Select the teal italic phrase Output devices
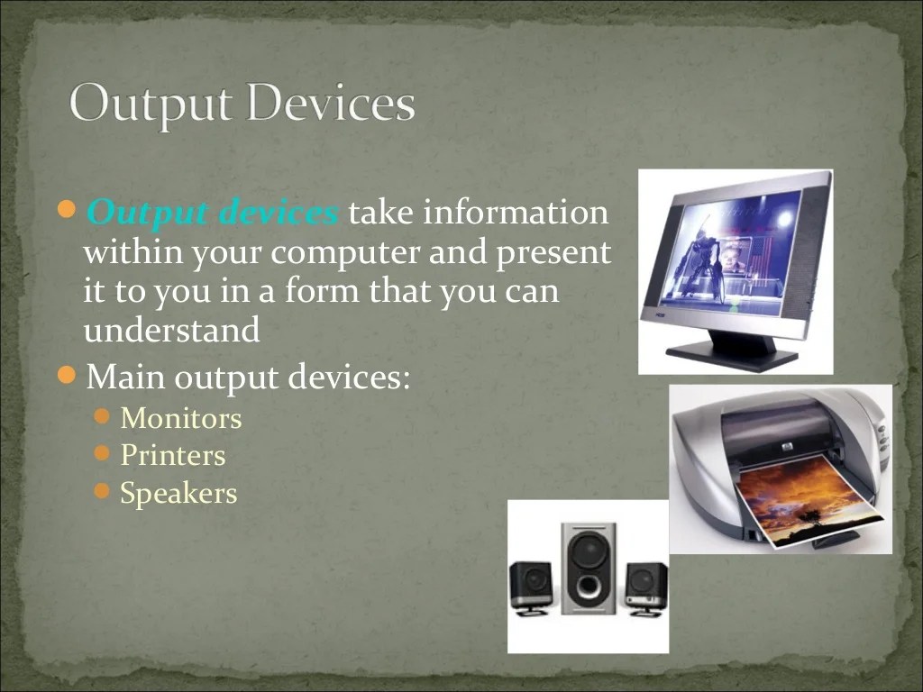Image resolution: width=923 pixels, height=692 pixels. point(213,214)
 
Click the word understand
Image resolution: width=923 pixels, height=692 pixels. point(171,331)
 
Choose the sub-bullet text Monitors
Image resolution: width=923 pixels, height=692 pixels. point(181,418)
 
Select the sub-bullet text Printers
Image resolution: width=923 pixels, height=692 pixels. point(173,456)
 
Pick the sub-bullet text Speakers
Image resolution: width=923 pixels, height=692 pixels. point(178,494)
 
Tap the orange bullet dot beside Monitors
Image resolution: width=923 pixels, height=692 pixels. point(102,416)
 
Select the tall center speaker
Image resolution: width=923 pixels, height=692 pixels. point(588,568)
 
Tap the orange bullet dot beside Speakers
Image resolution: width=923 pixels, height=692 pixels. point(102,492)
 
